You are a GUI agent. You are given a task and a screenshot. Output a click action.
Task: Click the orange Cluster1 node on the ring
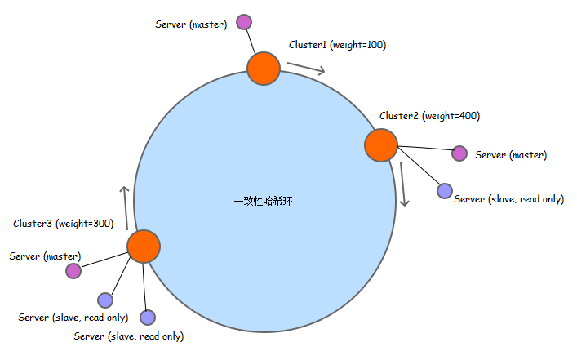[264, 69]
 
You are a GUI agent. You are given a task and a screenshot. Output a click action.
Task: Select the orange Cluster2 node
[380, 144]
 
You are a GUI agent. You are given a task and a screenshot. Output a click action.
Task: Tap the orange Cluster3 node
[144, 246]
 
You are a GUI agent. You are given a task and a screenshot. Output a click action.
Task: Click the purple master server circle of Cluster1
[243, 22]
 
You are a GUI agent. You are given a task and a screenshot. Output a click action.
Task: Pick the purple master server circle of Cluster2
[459, 153]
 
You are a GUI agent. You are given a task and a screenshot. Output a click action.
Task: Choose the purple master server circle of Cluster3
[73, 270]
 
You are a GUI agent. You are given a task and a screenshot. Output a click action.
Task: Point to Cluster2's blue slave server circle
[444, 190]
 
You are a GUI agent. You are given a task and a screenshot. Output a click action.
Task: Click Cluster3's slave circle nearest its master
[105, 300]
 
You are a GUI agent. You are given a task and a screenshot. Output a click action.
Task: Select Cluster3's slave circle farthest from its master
[148, 317]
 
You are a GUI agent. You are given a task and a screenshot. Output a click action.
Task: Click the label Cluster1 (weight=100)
[337, 46]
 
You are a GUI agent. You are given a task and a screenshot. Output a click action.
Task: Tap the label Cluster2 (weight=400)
[429, 116]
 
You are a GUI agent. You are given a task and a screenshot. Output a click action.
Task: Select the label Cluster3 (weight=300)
[63, 223]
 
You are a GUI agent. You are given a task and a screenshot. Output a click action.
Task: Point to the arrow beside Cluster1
[306, 68]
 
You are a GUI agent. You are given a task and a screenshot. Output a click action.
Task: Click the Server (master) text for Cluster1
[191, 24]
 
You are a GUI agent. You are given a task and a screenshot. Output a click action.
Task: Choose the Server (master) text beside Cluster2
[511, 155]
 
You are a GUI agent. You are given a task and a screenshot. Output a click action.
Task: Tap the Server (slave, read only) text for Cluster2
[508, 199]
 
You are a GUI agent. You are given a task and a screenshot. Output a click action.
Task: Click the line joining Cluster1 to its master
[252, 42]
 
